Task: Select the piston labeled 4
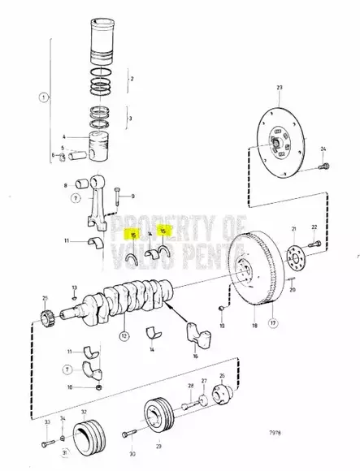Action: (98, 148)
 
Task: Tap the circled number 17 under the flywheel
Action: (273, 324)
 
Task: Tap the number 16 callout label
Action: (196, 356)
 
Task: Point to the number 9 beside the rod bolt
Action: (133, 196)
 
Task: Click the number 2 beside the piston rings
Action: (132, 79)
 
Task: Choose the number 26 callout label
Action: (221, 376)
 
